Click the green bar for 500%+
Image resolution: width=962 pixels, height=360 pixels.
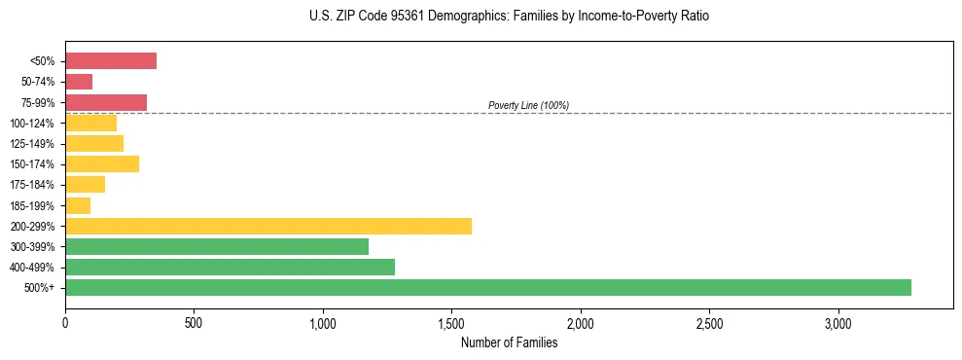(x=487, y=287)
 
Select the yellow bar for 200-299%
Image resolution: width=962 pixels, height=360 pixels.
(x=267, y=226)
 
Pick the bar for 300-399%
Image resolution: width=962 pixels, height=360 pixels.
(x=216, y=246)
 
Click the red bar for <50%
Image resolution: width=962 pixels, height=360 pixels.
(x=110, y=61)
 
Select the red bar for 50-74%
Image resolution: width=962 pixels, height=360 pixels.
(x=79, y=82)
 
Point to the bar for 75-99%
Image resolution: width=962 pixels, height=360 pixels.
(x=105, y=102)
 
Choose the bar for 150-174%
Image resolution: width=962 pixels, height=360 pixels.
(x=101, y=163)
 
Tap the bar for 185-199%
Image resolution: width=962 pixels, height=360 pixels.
(x=78, y=205)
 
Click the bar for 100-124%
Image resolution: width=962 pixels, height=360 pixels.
(x=90, y=123)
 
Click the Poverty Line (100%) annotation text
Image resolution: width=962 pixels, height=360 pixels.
(x=528, y=105)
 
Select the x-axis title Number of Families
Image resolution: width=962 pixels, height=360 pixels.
(x=509, y=342)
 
